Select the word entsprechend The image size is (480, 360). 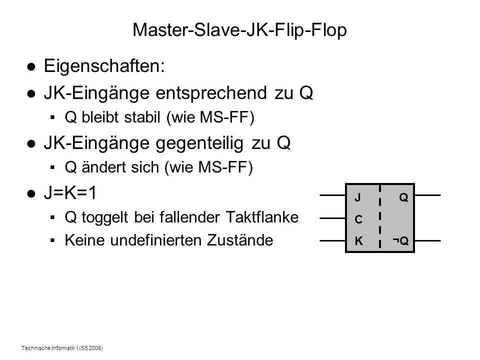click(x=211, y=93)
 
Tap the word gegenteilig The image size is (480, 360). click(x=199, y=143)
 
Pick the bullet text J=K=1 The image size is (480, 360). click(x=70, y=193)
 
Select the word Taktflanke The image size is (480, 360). click(x=262, y=217)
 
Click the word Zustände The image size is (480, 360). click(x=240, y=239)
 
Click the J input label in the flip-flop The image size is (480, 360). click(x=357, y=197)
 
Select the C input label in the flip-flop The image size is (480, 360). click(x=358, y=219)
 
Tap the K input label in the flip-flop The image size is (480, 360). click(x=358, y=241)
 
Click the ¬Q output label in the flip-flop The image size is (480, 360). click(x=400, y=241)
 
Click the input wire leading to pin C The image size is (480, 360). click(x=333, y=218)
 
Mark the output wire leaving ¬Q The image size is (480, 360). click(x=427, y=240)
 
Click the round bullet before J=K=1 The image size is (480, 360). click(x=31, y=194)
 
